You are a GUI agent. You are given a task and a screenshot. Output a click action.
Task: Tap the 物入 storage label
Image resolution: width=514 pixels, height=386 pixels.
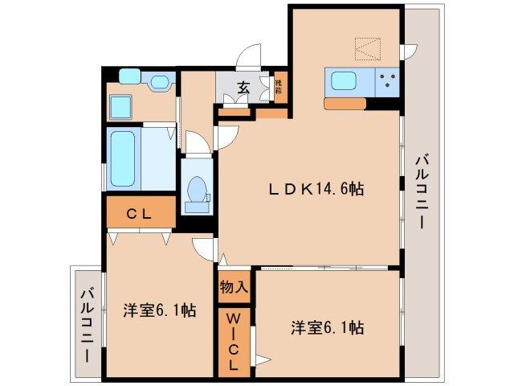pos(235,285)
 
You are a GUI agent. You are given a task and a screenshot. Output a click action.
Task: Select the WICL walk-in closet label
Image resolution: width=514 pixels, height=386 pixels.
pos(234,343)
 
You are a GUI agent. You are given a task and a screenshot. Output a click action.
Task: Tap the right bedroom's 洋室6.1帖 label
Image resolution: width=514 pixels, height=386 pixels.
pos(328,328)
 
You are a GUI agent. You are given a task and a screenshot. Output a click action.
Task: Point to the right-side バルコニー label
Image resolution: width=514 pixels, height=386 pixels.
pos(421,193)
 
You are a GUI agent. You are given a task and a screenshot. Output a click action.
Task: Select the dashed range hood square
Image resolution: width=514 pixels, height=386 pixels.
pos(370,47)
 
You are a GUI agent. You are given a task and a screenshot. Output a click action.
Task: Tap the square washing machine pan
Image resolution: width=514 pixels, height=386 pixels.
pos(121,106)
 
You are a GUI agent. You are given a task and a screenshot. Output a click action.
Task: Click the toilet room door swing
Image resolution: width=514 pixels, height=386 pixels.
pos(226,137)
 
